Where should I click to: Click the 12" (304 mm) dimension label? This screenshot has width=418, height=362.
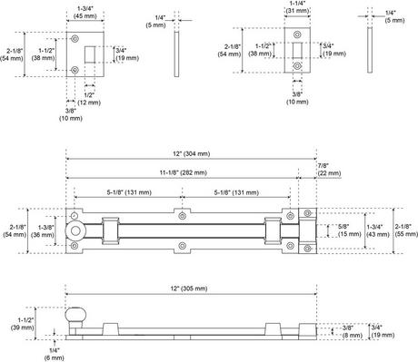tap(192, 154)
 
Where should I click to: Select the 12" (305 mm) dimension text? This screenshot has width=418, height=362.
tap(189, 289)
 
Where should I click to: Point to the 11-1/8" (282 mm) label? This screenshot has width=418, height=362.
tap(184, 172)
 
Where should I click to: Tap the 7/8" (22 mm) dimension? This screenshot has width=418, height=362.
tap(329, 170)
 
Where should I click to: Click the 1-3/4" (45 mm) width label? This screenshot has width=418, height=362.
tap(85, 12)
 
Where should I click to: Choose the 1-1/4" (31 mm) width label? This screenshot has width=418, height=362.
tap(297, 7)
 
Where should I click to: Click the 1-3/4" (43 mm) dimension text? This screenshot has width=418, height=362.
tap(378, 230)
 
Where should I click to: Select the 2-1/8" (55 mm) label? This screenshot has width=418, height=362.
tap(406, 230)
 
